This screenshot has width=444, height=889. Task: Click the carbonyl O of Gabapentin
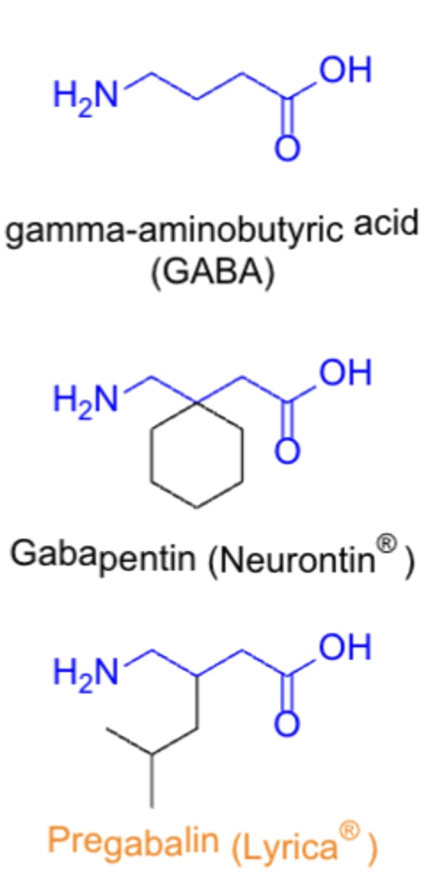(288, 451)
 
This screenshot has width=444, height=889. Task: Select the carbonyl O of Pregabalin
(288, 725)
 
